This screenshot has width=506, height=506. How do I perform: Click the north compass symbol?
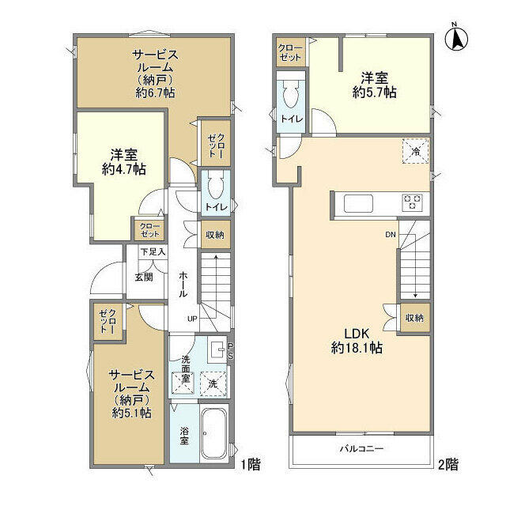[x=456, y=39]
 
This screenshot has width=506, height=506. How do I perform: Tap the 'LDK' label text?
[x=357, y=334]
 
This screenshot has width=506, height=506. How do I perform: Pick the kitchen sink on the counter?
[x=358, y=203]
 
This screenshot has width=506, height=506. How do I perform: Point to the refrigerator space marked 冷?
[x=416, y=151]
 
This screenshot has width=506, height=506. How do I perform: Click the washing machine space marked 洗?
[x=213, y=383]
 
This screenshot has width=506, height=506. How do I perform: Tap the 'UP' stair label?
[x=192, y=319]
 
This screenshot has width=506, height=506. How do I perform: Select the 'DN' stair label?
[x=391, y=235]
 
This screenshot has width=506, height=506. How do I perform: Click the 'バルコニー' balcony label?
[x=361, y=448]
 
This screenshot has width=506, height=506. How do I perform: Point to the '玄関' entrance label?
[x=144, y=278]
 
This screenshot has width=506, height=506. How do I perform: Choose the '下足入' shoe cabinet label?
[x=153, y=251]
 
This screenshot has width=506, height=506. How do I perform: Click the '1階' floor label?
[x=251, y=465]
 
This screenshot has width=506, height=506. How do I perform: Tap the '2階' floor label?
[x=448, y=465]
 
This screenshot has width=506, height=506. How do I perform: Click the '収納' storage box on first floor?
[x=215, y=235]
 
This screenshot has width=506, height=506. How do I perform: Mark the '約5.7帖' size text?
[x=374, y=93]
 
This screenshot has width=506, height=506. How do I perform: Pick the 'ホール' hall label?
[x=183, y=285]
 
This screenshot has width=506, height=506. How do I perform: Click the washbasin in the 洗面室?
[x=218, y=349]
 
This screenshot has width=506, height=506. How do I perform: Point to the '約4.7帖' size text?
[x=124, y=169]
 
